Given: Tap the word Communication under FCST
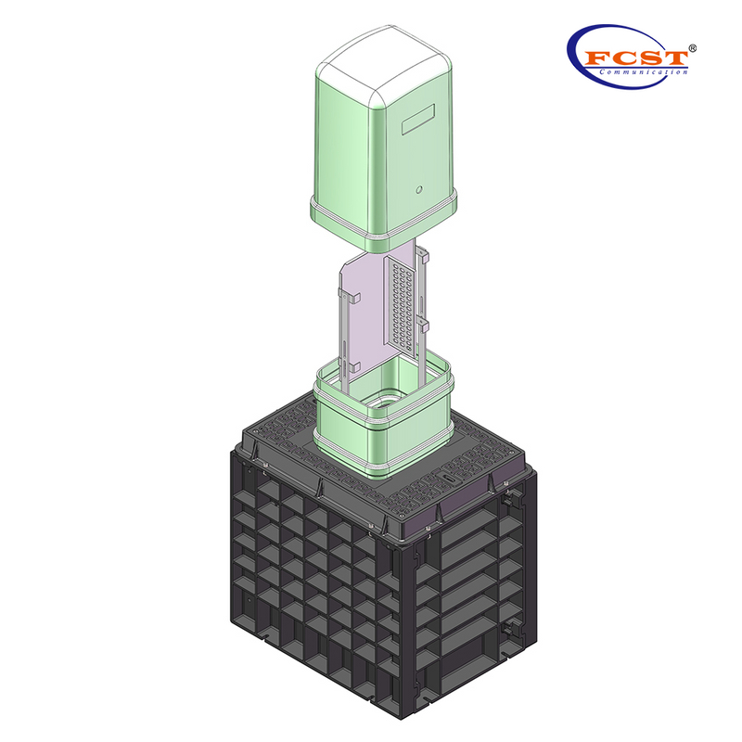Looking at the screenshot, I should tap(644, 72).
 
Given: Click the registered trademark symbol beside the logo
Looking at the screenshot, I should tap(693, 46).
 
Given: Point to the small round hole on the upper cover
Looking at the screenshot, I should tap(419, 190).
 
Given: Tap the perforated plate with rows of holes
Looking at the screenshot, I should tap(401, 301).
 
